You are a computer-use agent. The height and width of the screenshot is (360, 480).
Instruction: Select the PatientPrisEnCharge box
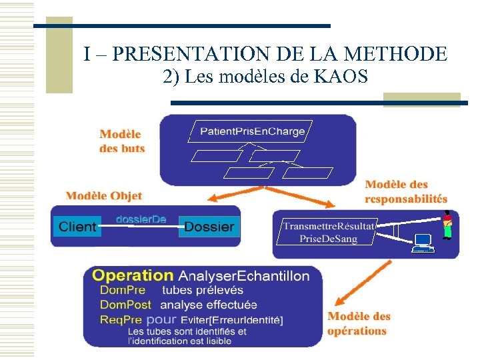[253, 131]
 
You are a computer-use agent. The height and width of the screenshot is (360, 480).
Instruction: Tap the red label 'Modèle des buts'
[122, 141]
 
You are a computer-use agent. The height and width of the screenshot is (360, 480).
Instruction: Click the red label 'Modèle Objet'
[103, 195]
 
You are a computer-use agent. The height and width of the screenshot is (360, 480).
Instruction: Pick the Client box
[77, 227]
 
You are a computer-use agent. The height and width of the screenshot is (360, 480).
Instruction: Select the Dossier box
[209, 227]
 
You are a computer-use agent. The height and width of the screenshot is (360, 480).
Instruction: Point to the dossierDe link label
[141, 219]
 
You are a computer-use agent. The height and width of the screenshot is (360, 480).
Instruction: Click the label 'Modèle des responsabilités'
[405, 191]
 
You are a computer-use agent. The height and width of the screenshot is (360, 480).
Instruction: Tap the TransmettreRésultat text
[329, 227]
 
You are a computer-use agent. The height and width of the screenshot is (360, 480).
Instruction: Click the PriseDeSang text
[329, 239]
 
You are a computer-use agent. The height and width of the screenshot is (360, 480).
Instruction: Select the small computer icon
[422, 243]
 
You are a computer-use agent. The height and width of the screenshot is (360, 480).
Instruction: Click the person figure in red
[448, 225]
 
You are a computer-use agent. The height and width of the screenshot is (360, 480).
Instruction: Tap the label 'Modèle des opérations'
[359, 323]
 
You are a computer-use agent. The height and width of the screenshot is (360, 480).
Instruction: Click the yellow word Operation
[132, 275]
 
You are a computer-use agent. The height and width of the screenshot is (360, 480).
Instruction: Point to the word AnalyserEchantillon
[244, 275]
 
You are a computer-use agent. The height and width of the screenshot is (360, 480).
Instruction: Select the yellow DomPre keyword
[122, 290]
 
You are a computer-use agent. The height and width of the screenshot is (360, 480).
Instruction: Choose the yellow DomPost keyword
[125, 305]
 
